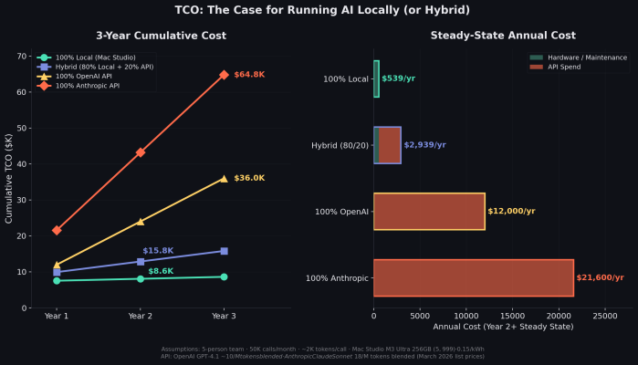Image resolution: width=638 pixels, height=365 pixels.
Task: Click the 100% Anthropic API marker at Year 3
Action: pos(224,75)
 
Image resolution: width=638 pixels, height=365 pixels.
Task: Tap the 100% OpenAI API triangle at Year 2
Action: pos(141,221)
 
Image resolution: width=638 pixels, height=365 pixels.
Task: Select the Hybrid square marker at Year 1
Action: pos(57,272)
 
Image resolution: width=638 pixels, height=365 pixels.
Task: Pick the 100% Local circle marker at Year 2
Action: pos(141,278)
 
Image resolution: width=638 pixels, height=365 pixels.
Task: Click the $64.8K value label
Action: pos(249,74)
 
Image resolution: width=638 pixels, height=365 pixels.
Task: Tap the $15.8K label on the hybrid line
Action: pos(158,250)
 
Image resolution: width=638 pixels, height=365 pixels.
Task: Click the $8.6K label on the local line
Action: pos(161,271)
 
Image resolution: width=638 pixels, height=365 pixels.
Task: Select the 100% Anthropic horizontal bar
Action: pos(473,277)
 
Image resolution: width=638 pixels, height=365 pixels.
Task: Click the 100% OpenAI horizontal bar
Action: pos(429,211)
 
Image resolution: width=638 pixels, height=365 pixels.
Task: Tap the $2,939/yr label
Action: pos(425,145)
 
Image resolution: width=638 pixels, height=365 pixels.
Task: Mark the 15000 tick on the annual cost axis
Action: pos(513,315)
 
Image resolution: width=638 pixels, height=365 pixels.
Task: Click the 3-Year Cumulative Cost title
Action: pos(162,36)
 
